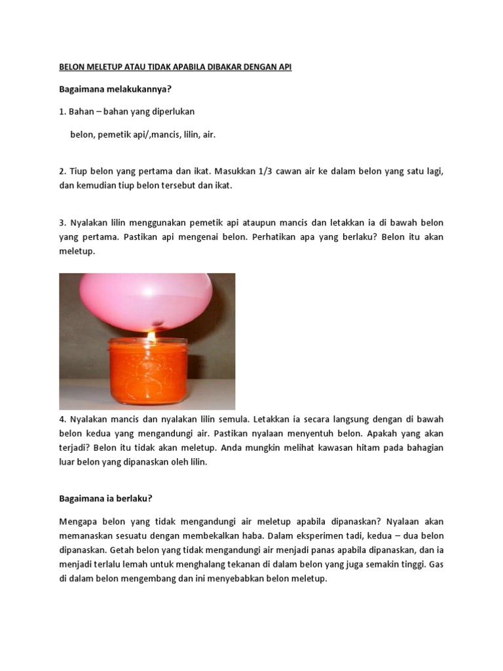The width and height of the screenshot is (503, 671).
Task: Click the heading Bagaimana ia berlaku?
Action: tap(105, 498)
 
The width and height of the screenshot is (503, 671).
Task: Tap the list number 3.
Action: tap(62, 223)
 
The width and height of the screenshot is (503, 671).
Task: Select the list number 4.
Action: tap(62, 418)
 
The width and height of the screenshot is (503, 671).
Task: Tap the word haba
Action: tap(244, 535)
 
